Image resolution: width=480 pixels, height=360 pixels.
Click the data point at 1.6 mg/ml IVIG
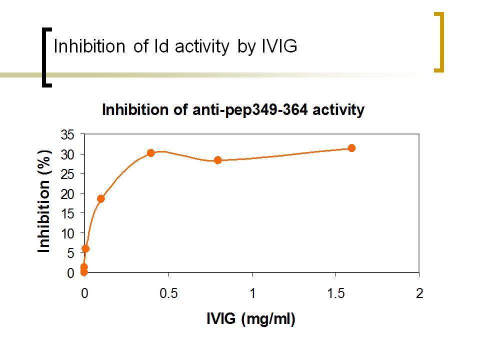pyautogui.click(x=351, y=148)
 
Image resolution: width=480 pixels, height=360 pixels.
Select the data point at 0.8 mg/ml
pyautogui.click(x=217, y=160)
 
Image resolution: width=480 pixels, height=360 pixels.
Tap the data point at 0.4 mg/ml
pyautogui.click(x=150, y=153)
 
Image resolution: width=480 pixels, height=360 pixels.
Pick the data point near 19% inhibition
pyautogui.click(x=100, y=198)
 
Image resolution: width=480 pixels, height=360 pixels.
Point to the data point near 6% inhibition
pyautogui.click(x=85, y=248)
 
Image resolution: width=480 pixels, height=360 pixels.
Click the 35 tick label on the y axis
pyautogui.click(x=67, y=134)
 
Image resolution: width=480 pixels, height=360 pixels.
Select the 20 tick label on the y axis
pyautogui.click(x=67, y=194)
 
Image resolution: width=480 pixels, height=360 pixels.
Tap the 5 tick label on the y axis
pyautogui.click(x=70, y=253)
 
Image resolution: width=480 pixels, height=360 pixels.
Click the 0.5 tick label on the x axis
pyautogui.click(x=168, y=293)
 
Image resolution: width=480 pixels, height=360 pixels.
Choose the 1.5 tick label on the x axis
pyautogui.click(x=336, y=293)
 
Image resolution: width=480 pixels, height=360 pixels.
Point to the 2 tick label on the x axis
pyautogui.click(x=419, y=293)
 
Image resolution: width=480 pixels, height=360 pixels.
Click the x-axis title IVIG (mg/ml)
pyautogui.click(x=250, y=319)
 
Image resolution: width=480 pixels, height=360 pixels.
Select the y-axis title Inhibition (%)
pyautogui.click(x=44, y=201)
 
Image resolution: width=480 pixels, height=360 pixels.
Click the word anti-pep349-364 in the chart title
pyautogui.click(x=250, y=110)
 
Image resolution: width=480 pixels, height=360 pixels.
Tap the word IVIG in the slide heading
pyautogui.click(x=279, y=46)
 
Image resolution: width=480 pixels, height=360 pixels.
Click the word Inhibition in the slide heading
pyautogui.click(x=89, y=46)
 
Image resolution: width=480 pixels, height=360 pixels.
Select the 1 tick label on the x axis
pyautogui.click(x=252, y=293)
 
